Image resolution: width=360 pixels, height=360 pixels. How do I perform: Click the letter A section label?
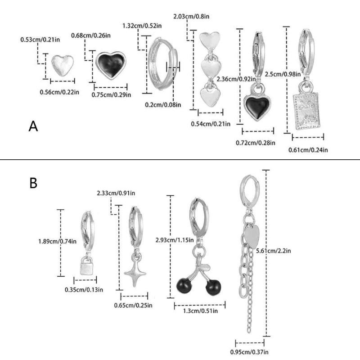click(x=33, y=126)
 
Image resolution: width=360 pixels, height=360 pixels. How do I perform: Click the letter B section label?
click(x=33, y=183)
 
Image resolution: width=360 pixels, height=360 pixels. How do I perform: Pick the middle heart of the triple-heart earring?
click(x=210, y=68)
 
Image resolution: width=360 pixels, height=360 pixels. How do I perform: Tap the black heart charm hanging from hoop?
click(x=257, y=104)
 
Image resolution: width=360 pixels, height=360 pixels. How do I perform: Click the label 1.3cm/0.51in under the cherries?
click(x=196, y=310)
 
